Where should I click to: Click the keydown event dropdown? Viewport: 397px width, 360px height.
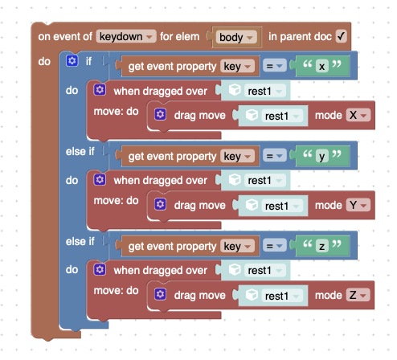tap(126, 36)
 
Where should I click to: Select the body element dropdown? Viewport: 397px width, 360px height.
tap(236, 37)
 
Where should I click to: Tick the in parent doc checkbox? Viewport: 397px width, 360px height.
tap(341, 36)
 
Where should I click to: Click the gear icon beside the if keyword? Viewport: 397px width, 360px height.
tap(72, 61)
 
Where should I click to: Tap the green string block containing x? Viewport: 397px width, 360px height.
tap(322, 66)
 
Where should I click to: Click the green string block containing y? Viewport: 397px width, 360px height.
tap(322, 156)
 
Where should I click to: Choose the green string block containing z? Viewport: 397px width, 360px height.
tap(322, 246)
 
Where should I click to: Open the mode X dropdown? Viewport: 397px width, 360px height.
tap(358, 116)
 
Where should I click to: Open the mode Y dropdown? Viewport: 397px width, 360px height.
tap(358, 206)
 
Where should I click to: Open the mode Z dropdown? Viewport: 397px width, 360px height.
tap(358, 296)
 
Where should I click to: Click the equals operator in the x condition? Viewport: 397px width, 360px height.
tap(275, 66)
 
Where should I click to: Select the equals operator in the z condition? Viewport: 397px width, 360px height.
tap(275, 246)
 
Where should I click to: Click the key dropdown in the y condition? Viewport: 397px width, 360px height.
tap(237, 156)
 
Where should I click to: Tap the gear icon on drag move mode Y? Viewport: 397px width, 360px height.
tap(160, 204)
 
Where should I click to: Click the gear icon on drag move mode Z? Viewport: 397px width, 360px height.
tap(160, 294)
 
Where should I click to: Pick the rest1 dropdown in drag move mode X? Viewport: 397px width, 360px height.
tap(282, 116)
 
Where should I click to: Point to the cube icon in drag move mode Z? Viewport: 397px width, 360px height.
tap(252, 295)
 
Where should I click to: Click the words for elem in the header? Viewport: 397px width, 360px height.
tap(179, 36)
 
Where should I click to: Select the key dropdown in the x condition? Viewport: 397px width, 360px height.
tap(237, 66)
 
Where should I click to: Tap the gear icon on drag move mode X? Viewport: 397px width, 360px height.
tap(160, 114)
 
